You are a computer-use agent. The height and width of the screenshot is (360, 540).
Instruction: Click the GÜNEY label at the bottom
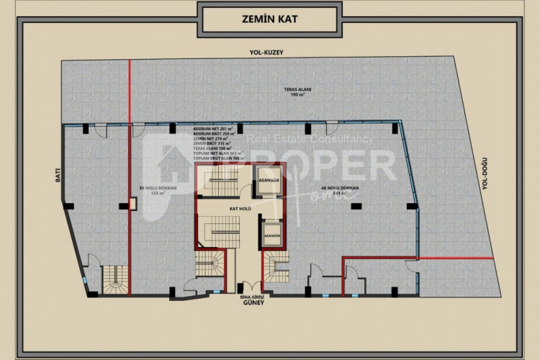pyautogui.click(x=253, y=302)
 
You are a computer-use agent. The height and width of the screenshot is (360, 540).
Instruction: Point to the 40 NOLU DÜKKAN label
pyautogui.click(x=345, y=191)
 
